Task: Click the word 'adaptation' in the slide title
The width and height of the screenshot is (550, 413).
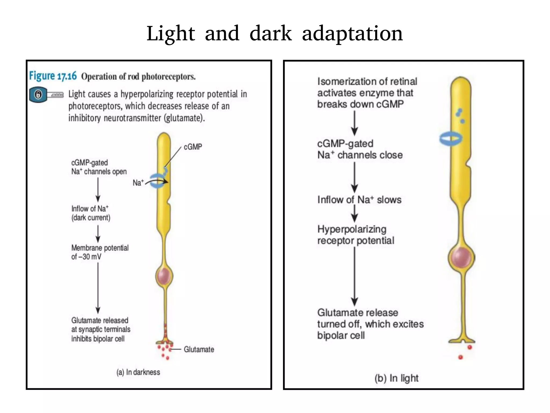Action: click(x=352, y=34)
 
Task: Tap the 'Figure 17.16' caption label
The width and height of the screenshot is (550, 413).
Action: click(x=53, y=76)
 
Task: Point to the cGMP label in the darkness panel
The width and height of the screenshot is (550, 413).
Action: click(x=193, y=147)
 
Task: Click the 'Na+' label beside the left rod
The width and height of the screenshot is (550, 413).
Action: click(x=138, y=183)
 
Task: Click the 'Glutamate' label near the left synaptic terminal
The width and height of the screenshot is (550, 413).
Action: click(x=199, y=349)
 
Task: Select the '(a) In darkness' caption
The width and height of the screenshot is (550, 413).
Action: click(x=138, y=372)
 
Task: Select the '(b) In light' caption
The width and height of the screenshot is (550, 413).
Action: click(x=396, y=378)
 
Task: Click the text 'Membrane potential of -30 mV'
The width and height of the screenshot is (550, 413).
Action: click(x=100, y=252)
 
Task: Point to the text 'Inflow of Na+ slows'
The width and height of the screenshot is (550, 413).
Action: click(x=359, y=200)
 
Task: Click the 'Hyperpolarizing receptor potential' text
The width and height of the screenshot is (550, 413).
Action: click(x=356, y=235)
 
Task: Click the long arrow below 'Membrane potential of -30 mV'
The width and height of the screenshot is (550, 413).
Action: click(x=98, y=288)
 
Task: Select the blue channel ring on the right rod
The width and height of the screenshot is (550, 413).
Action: click(x=451, y=139)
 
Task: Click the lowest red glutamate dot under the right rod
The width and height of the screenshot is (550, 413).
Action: click(x=461, y=357)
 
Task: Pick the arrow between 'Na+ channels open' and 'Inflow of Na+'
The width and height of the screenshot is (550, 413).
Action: click(x=98, y=190)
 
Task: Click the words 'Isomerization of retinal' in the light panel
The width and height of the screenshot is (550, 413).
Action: click(x=367, y=81)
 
